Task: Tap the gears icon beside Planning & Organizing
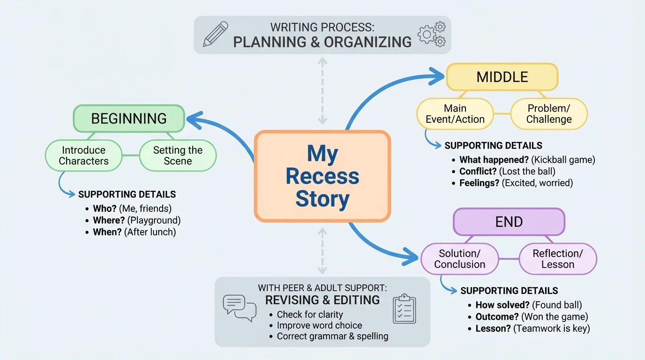(431, 34)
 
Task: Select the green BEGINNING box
(129, 118)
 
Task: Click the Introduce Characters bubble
(83, 156)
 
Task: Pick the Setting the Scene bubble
(178, 156)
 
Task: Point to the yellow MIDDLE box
(502, 77)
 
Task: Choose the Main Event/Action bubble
(455, 114)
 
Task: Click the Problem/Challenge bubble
(549, 114)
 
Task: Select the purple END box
(509, 222)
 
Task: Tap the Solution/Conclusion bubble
(459, 259)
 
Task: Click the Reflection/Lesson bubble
(558, 259)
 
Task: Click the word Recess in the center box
(322, 177)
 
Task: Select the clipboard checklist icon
(404, 309)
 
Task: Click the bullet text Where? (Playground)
(136, 220)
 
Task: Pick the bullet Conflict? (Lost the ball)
(507, 172)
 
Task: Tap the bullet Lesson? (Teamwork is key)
(532, 329)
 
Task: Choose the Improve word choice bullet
(319, 325)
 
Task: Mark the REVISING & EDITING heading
(322, 300)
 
